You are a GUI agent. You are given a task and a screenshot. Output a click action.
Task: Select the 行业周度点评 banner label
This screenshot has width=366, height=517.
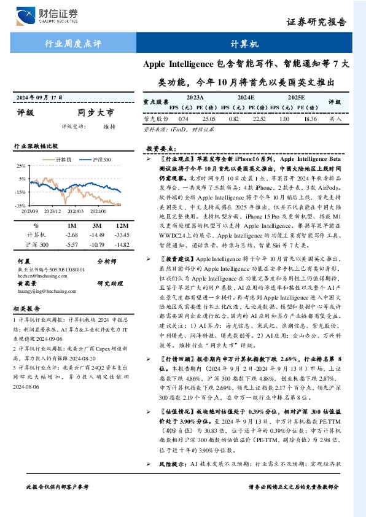pyautogui.click(x=74, y=44)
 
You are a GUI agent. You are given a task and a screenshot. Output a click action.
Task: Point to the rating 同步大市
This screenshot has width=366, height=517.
pyautogui.click(x=96, y=113)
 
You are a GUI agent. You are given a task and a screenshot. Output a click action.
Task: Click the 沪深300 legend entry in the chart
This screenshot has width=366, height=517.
pyautogui.click(x=99, y=159)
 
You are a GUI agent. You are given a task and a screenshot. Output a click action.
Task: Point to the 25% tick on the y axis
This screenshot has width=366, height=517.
pyautogui.click(x=20, y=166)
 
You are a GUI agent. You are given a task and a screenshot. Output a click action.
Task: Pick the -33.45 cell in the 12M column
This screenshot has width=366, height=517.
pyautogui.click(x=121, y=235)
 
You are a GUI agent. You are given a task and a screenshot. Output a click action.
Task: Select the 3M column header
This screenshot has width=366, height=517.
pyautogui.click(x=96, y=225)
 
